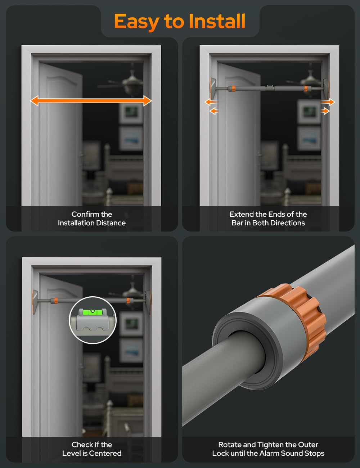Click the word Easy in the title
136,22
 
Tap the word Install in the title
217,21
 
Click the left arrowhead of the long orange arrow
34,101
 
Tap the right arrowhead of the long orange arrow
148,101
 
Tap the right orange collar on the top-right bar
306,88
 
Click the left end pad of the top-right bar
213,88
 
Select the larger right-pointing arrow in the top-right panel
328,102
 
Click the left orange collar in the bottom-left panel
56,300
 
